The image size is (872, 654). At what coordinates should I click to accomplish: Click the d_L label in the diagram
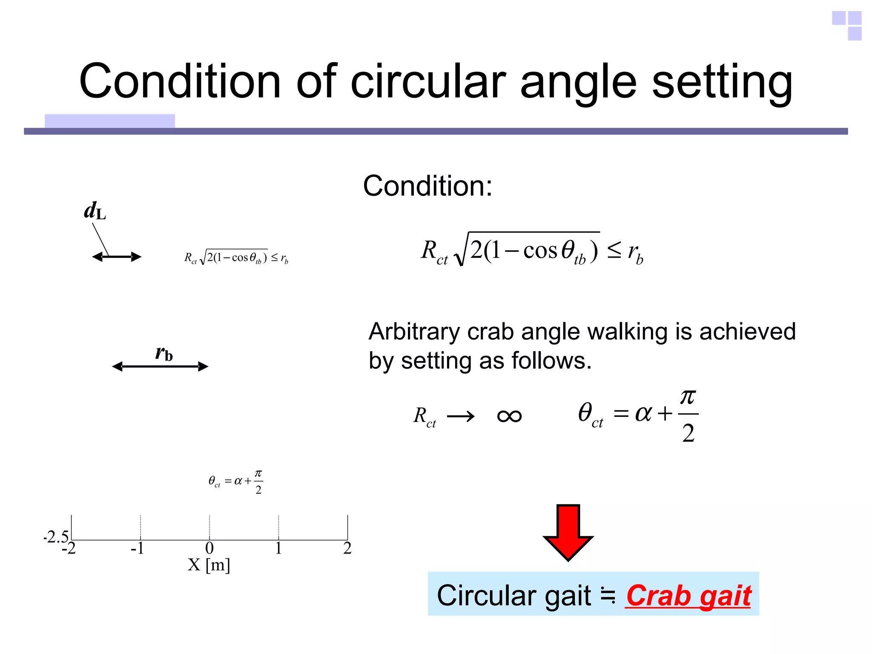coord(95,211)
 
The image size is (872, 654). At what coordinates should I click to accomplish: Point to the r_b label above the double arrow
coord(164,353)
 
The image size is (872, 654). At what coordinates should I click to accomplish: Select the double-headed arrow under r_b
coord(160,367)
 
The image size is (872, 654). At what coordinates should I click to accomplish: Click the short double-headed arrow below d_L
coord(117,257)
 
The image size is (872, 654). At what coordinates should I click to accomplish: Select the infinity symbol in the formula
coord(509,416)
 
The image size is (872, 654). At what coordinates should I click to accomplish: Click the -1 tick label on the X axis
coord(138,548)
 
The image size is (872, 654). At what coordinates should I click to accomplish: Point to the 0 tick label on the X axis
coord(209,548)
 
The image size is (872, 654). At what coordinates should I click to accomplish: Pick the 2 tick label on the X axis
coord(347,548)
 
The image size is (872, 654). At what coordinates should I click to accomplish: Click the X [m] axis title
coord(209,565)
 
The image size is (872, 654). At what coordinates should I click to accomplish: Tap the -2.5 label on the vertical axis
coord(56,536)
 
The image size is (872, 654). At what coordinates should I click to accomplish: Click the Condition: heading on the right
coord(427,186)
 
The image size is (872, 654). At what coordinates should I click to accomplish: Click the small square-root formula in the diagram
coord(236,257)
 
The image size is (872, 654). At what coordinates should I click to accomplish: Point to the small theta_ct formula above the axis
coord(235,482)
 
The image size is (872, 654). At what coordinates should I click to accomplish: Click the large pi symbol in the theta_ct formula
coord(688,398)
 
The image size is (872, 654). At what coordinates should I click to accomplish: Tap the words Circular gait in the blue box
coord(514,595)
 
